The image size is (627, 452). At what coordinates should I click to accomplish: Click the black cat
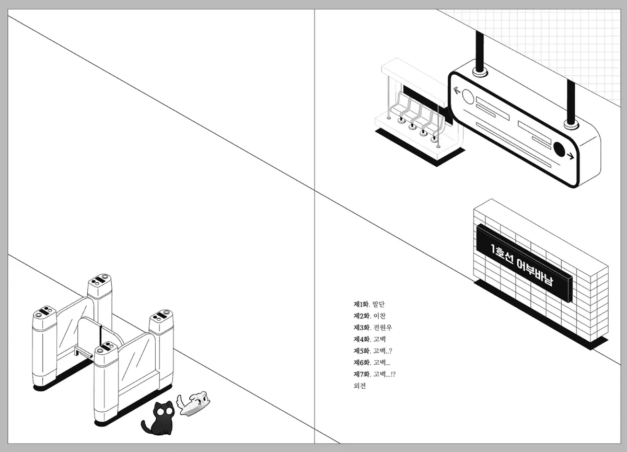point(159,419)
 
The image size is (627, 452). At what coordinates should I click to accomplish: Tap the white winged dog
point(194,403)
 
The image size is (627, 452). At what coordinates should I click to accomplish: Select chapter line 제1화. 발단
point(369,304)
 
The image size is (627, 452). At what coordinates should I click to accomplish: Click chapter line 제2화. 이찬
point(369,316)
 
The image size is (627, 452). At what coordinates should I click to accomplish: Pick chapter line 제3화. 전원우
point(373,328)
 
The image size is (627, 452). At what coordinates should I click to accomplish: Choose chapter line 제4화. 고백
point(369,339)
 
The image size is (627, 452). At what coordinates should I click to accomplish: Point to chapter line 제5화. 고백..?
point(373,351)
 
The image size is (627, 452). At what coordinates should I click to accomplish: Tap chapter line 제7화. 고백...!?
point(375,374)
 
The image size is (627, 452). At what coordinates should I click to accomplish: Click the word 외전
point(359,386)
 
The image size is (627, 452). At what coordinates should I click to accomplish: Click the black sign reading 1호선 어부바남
point(524,264)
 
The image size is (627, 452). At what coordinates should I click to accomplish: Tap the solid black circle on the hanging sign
point(559,149)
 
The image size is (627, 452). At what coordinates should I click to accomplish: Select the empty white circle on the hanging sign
point(468,97)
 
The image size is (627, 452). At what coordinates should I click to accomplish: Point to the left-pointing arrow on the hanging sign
point(457,90)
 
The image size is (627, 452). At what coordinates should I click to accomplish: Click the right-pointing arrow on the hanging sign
point(570,156)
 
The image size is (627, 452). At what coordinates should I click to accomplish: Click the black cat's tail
point(146,427)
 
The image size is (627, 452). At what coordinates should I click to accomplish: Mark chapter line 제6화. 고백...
point(371,363)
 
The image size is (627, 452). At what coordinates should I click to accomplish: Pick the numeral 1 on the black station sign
point(493,248)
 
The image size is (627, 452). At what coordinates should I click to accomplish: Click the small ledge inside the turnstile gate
point(83,352)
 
